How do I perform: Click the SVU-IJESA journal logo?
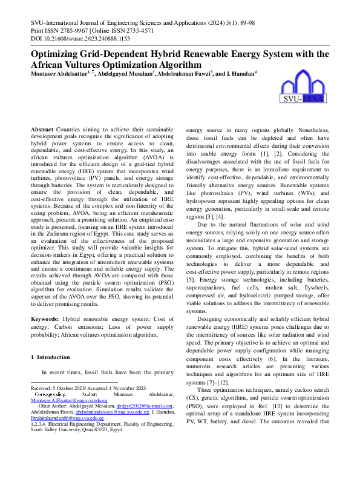(x=304, y=88)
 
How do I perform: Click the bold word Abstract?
(x=42, y=130)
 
